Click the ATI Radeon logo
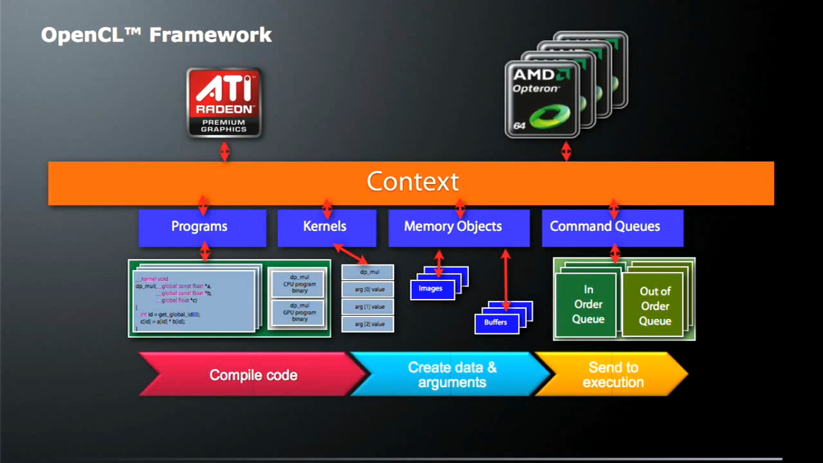[224, 102]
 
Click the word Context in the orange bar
[413, 181]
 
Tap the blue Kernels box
[326, 227]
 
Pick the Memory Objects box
[458, 227]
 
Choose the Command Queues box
[612, 227]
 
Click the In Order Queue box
[587, 304]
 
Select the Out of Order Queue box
[654, 306]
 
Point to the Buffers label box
[495, 323]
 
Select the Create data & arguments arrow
[452, 375]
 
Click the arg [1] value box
[368, 307]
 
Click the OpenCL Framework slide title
[156, 35]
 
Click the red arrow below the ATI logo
[225, 151]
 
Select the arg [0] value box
[368, 290]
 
